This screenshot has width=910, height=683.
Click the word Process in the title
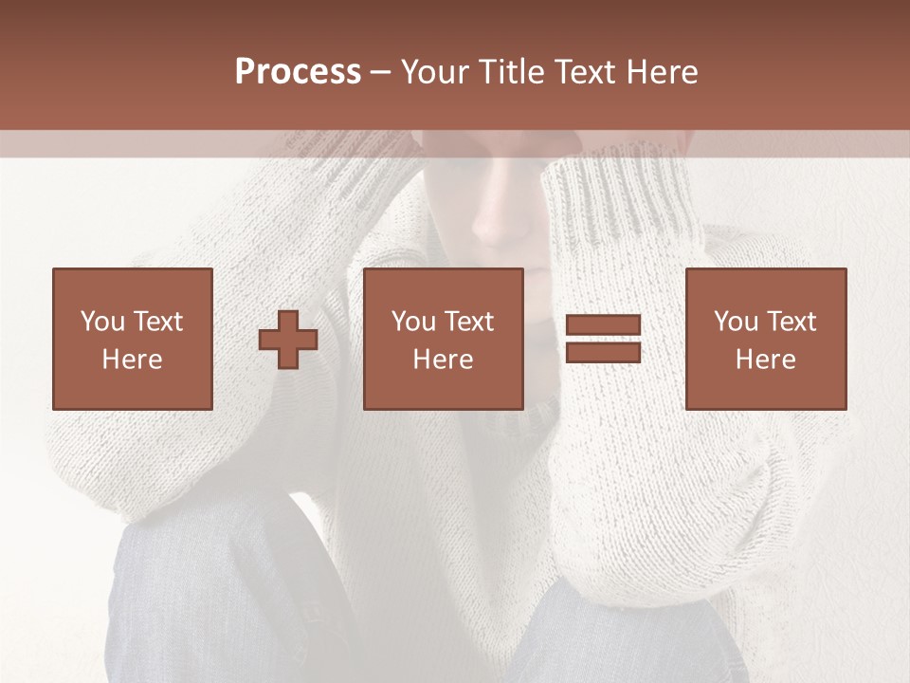pos(298,72)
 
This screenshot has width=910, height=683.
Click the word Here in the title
pos(664,72)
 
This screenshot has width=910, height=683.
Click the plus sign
pos(289,339)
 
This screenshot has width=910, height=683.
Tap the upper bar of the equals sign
pos(603,325)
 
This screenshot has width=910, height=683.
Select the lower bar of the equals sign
pos(603,352)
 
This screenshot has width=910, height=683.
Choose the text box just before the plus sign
pos(133,339)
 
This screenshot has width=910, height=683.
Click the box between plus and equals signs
pos(444,339)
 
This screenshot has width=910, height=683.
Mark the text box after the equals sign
pos(766,339)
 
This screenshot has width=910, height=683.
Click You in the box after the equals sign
pos(737,322)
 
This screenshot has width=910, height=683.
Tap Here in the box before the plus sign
pos(133,360)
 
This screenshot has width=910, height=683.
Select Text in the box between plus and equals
pos(470,322)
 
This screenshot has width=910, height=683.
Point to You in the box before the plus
pos(103,322)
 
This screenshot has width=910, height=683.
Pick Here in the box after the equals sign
pos(766,360)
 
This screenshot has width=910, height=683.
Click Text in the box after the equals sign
pos(792,322)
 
